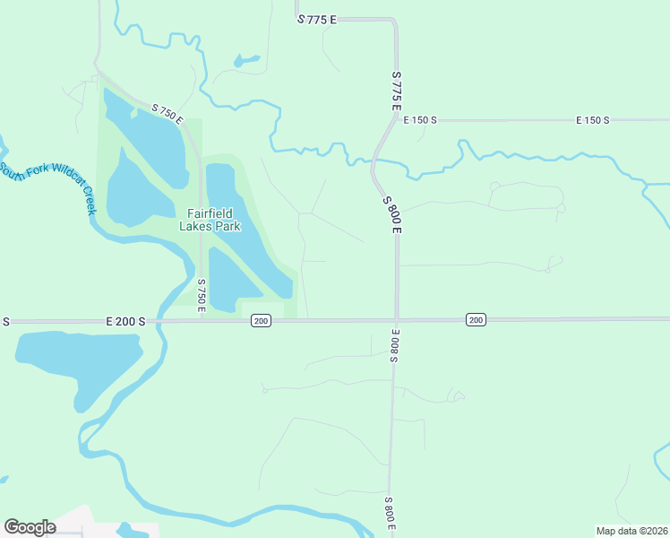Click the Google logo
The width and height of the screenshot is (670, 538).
coord(30,527)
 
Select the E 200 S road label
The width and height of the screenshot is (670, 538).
coord(125,320)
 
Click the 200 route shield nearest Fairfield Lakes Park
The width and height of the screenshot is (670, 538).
coord(261,320)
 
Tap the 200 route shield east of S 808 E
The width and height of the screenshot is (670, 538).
coord(476,320)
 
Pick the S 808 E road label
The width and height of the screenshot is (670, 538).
coord(393,345)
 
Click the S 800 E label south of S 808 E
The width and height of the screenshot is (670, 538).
coord(391,514)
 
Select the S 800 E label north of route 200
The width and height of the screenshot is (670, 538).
coord(391,214)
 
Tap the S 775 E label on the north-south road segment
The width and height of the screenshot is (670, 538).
coord(396,91)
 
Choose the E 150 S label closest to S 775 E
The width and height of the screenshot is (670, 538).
coord(418,119)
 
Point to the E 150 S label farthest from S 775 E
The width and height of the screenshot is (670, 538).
coord(592,119)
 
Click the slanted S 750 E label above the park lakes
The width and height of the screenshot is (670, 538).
coord(167,114)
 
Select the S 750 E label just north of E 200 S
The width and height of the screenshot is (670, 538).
coord(202,296)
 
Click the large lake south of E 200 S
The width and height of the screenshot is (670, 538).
coord(76,363)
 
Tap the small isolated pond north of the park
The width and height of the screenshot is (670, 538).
coord(245,62)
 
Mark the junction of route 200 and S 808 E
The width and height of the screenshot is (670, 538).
coord(396,320)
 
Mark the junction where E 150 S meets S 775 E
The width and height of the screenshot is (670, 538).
coord(397,119)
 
